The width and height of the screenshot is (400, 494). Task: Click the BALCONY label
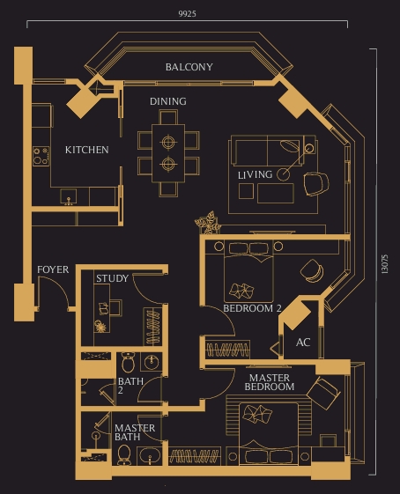tap(189, 67)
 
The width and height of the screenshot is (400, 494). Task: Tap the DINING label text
tap(167, 101)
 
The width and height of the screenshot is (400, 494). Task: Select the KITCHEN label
tap(87, 150)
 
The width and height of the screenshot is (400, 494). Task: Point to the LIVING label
tap(255, 175)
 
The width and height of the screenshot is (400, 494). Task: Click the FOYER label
tap(53, 269)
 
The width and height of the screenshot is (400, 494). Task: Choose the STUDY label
tap(112, 278)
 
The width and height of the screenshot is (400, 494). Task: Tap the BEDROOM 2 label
tap(252, 309)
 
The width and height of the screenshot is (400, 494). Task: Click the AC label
tap(303, 342)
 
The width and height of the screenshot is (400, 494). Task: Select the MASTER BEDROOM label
tap(269, 382)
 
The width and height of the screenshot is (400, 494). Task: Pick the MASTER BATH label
tap(135, 433)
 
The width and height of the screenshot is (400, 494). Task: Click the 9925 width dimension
tap(186, 14)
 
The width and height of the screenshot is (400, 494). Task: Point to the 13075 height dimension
tap(384, 265)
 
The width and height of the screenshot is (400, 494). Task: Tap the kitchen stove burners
tap(41, 156)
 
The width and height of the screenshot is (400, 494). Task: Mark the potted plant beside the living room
tap(209, 221)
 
